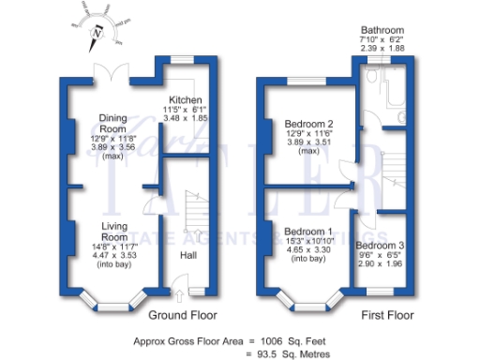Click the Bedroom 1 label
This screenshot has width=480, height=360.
pyautogui.click(x=308, y=232)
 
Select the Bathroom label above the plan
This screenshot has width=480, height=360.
pyautogui.click(x=383, y=30)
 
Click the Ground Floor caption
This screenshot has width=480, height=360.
pyautogui.click(x=179, y=315)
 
